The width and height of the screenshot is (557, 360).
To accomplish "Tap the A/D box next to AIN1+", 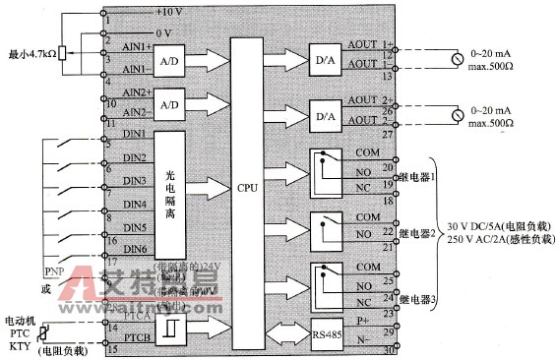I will [168, 60].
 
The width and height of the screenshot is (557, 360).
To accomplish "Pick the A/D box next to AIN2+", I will [168, 104].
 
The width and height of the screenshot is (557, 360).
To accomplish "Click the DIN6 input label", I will [135, 250].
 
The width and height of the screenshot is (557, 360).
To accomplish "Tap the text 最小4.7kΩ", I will [31, 53].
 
